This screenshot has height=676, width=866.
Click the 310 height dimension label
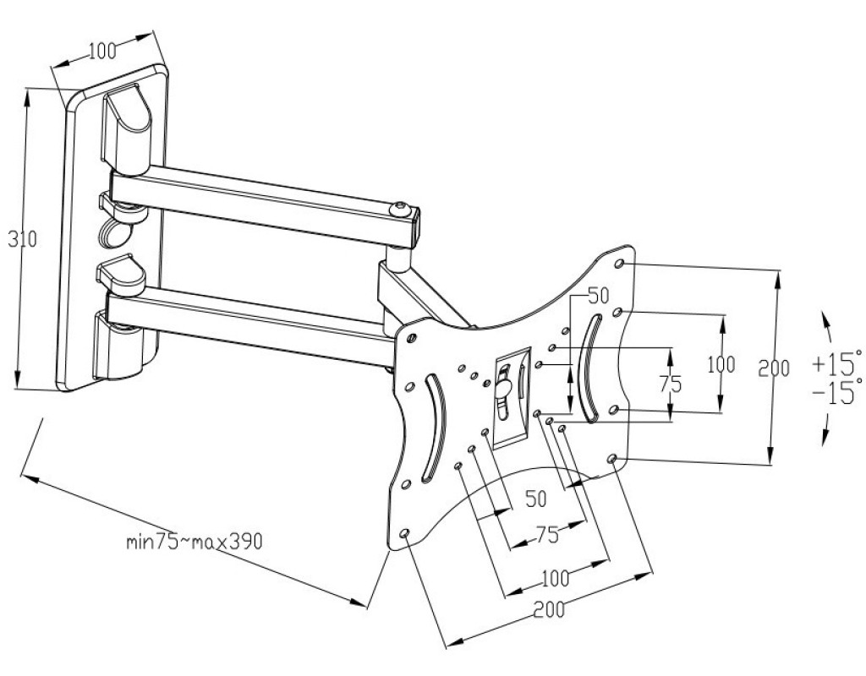point(22,239)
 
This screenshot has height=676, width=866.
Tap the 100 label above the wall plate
point(102,51)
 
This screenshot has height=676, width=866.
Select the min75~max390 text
point(194,542)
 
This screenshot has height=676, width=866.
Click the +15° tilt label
point(836,363)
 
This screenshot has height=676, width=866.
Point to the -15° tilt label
point(836,391)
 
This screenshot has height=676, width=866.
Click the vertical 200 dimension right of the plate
point(773,368)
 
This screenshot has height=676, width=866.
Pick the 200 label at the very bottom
point(549,610)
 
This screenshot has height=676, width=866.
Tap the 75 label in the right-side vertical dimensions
point(670,384)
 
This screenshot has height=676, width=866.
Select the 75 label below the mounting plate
point(547,534)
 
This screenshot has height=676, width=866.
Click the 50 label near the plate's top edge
point(598,296)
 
